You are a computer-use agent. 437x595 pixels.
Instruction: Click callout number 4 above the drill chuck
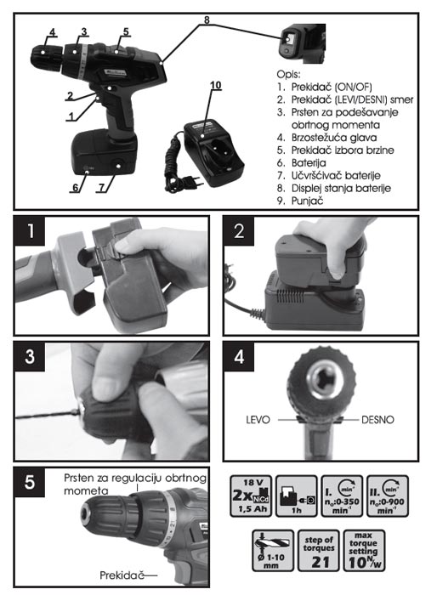click(x=53, y=32)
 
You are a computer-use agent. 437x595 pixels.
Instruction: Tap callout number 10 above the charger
click(x=216, y=85)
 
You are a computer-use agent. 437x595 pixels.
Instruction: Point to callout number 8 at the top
click(x=207, y=20)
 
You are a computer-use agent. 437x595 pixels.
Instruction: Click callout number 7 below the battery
click(x=101, y=187)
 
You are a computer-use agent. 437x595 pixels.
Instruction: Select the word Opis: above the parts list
click(x=288, y=74)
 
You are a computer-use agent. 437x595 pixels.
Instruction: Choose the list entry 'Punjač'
click(x=300, y=201)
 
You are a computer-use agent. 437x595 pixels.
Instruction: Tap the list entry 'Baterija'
click(x=302, y=163)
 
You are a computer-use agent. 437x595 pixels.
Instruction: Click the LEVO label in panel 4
click(x=258, y=420)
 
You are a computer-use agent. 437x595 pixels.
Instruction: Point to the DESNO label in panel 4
click(x=377, y=420)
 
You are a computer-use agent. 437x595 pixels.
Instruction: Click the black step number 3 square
click(x=30, y=357)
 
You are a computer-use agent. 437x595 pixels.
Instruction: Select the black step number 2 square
click(x=239, y=230)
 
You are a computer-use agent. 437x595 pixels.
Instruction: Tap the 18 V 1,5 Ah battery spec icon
click(x=251, y=496)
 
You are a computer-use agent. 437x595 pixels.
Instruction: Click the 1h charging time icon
click(x=297, y=496)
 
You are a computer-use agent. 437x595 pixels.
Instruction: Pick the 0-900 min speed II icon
click(x=387, y=496)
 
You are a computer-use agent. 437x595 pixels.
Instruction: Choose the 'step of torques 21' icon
click(x=319, y=551)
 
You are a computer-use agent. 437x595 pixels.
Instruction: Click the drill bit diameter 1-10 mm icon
click(x=273, y=551)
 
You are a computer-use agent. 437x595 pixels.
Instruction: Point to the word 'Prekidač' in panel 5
click(x=122, y=575)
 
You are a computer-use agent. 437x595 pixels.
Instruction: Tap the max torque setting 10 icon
click(x=364, y=551)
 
